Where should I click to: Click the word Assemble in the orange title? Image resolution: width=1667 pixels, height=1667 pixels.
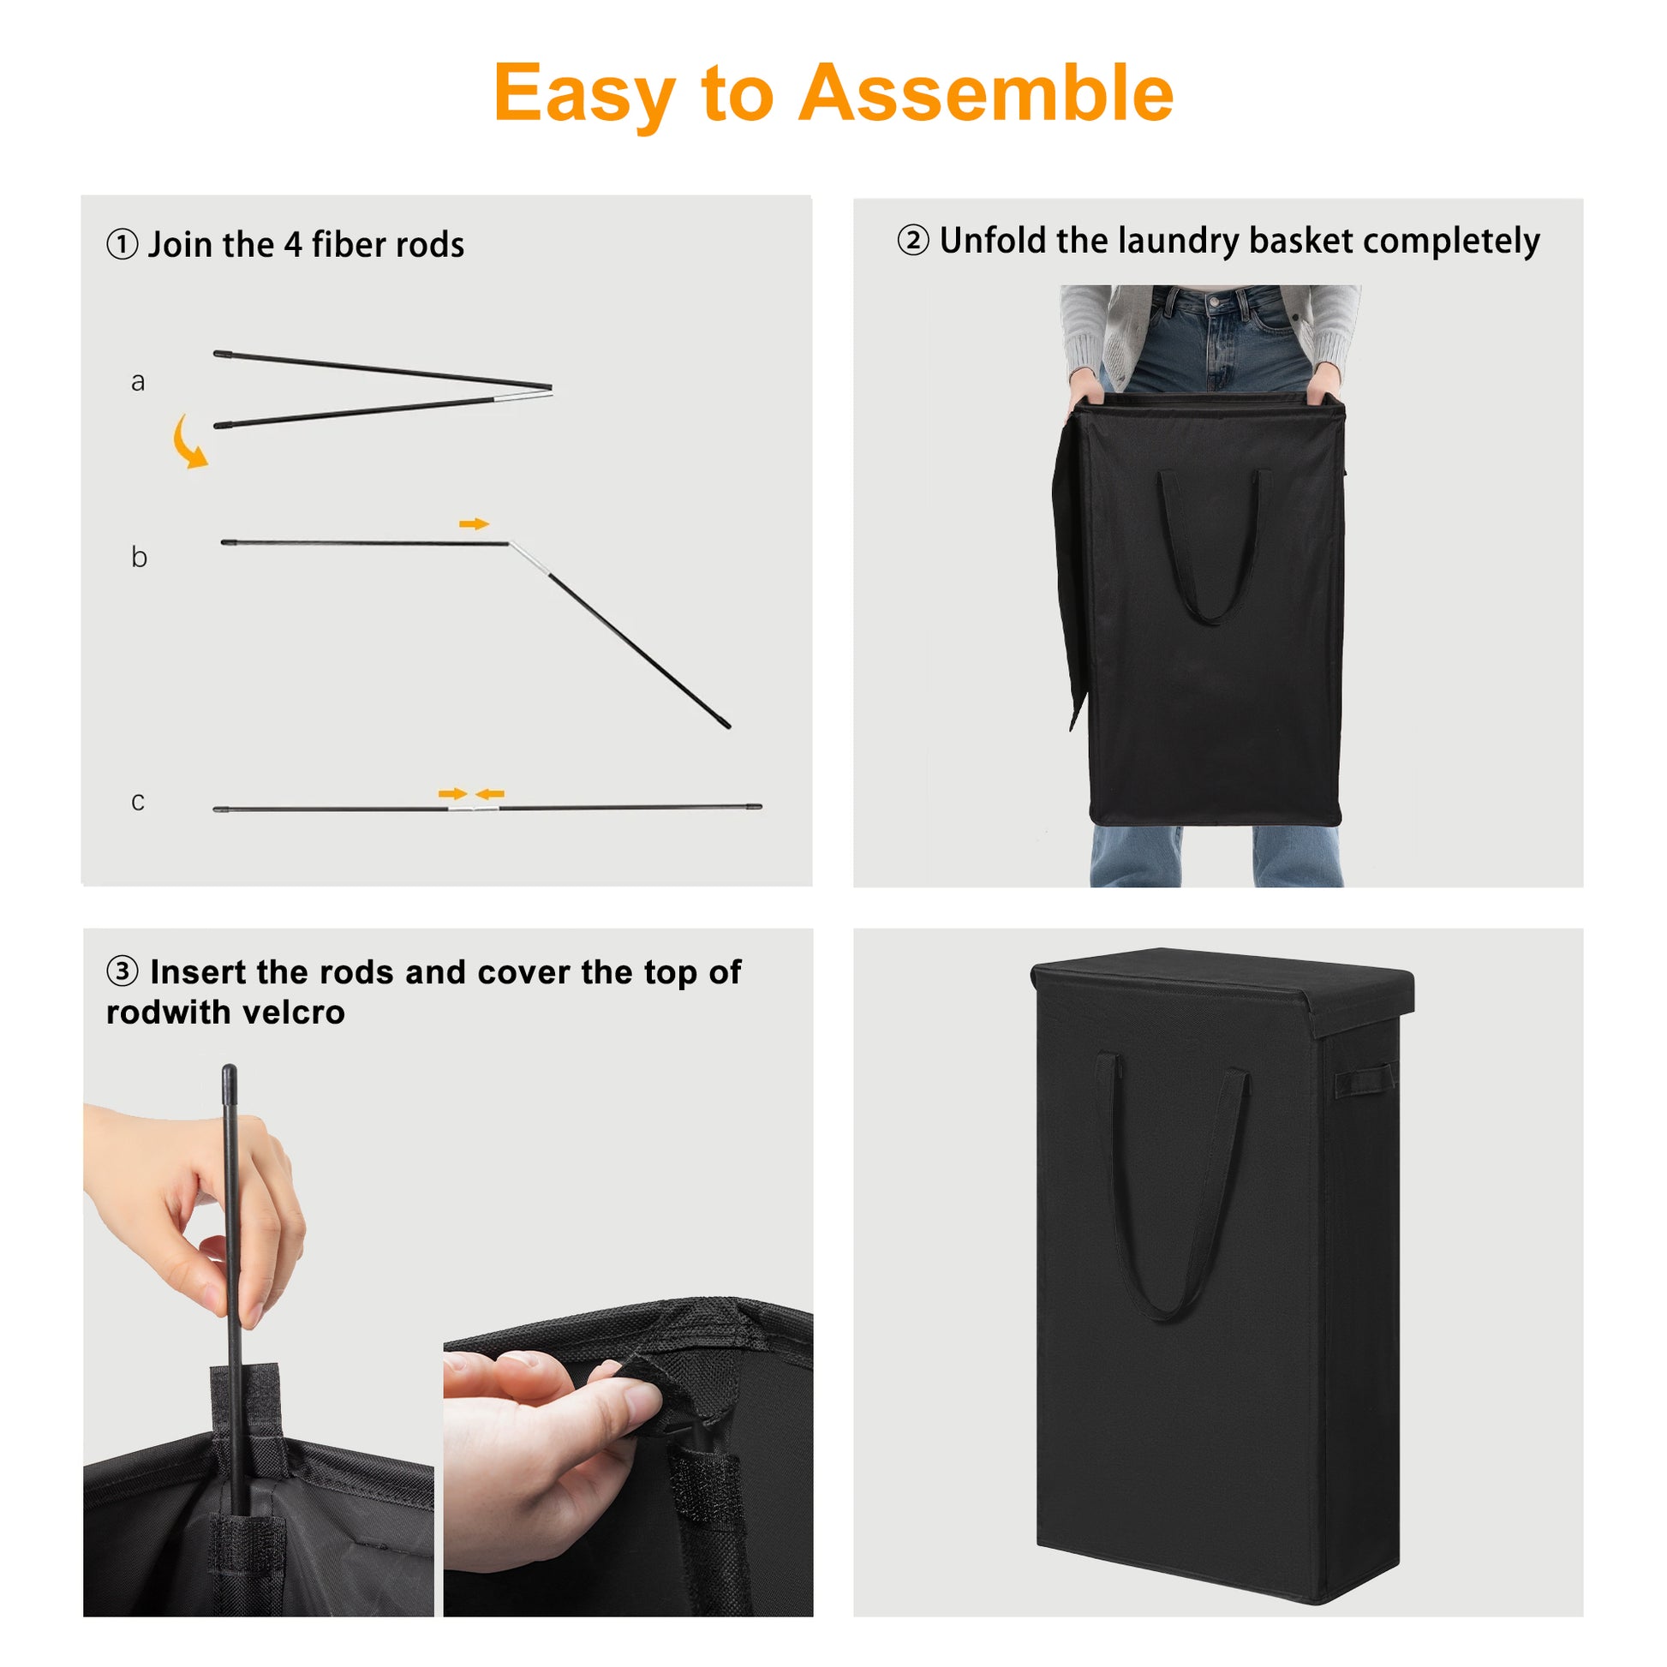(985, 93)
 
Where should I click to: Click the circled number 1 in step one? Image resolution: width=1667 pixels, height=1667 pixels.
(122, 244)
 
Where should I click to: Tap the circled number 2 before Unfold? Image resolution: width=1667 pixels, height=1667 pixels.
(913, 240)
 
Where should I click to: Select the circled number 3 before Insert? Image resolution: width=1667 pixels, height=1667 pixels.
(122, 971)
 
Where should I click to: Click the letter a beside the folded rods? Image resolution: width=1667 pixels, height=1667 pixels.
(138, 382)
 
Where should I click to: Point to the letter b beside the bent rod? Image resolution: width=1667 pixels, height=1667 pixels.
(139, 557)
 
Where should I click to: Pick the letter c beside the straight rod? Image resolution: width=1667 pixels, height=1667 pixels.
(138, 802)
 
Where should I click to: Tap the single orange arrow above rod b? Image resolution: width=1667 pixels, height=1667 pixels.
(474, 523)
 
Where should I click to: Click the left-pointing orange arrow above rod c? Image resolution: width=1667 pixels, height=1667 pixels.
(490, 794)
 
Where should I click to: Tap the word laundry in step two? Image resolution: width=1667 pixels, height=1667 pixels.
(1179, 241)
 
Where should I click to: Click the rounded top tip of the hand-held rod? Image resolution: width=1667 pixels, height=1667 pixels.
(230, 1071)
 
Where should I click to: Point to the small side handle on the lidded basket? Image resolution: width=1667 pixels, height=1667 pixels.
(1363, 1080)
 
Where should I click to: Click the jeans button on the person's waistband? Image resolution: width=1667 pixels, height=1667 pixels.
(1215, 303)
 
